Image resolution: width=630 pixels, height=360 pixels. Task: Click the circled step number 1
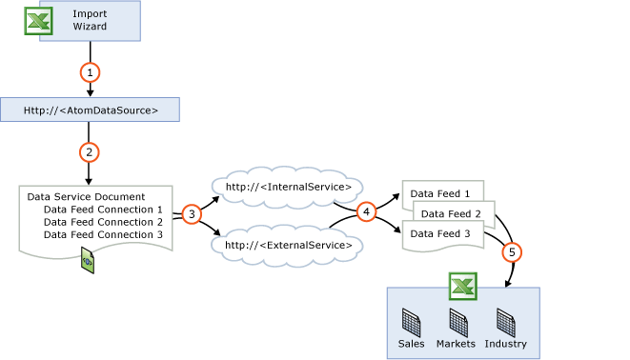(90, 72)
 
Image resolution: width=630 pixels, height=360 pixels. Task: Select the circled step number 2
(89, 152)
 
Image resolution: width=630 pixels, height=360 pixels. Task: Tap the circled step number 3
(192, 214)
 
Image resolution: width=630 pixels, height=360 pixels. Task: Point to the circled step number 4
(367, 211)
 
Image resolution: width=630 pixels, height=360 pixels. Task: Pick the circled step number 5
(512, 252)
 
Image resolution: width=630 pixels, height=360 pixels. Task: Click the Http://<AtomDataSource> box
(90, 110)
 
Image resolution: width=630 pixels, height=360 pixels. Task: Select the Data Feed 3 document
(440, 234)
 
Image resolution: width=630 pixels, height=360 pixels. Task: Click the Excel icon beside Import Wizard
(38, 21)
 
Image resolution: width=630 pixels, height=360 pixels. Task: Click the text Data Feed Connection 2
(103, 222)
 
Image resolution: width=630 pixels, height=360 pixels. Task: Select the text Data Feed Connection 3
(103, 234)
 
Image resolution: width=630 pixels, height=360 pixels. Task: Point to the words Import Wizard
(90, 20)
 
